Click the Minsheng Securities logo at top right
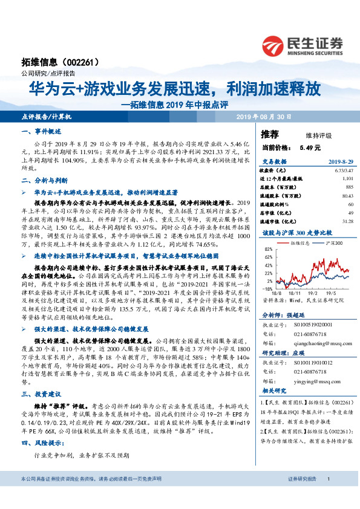pos(303,45)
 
